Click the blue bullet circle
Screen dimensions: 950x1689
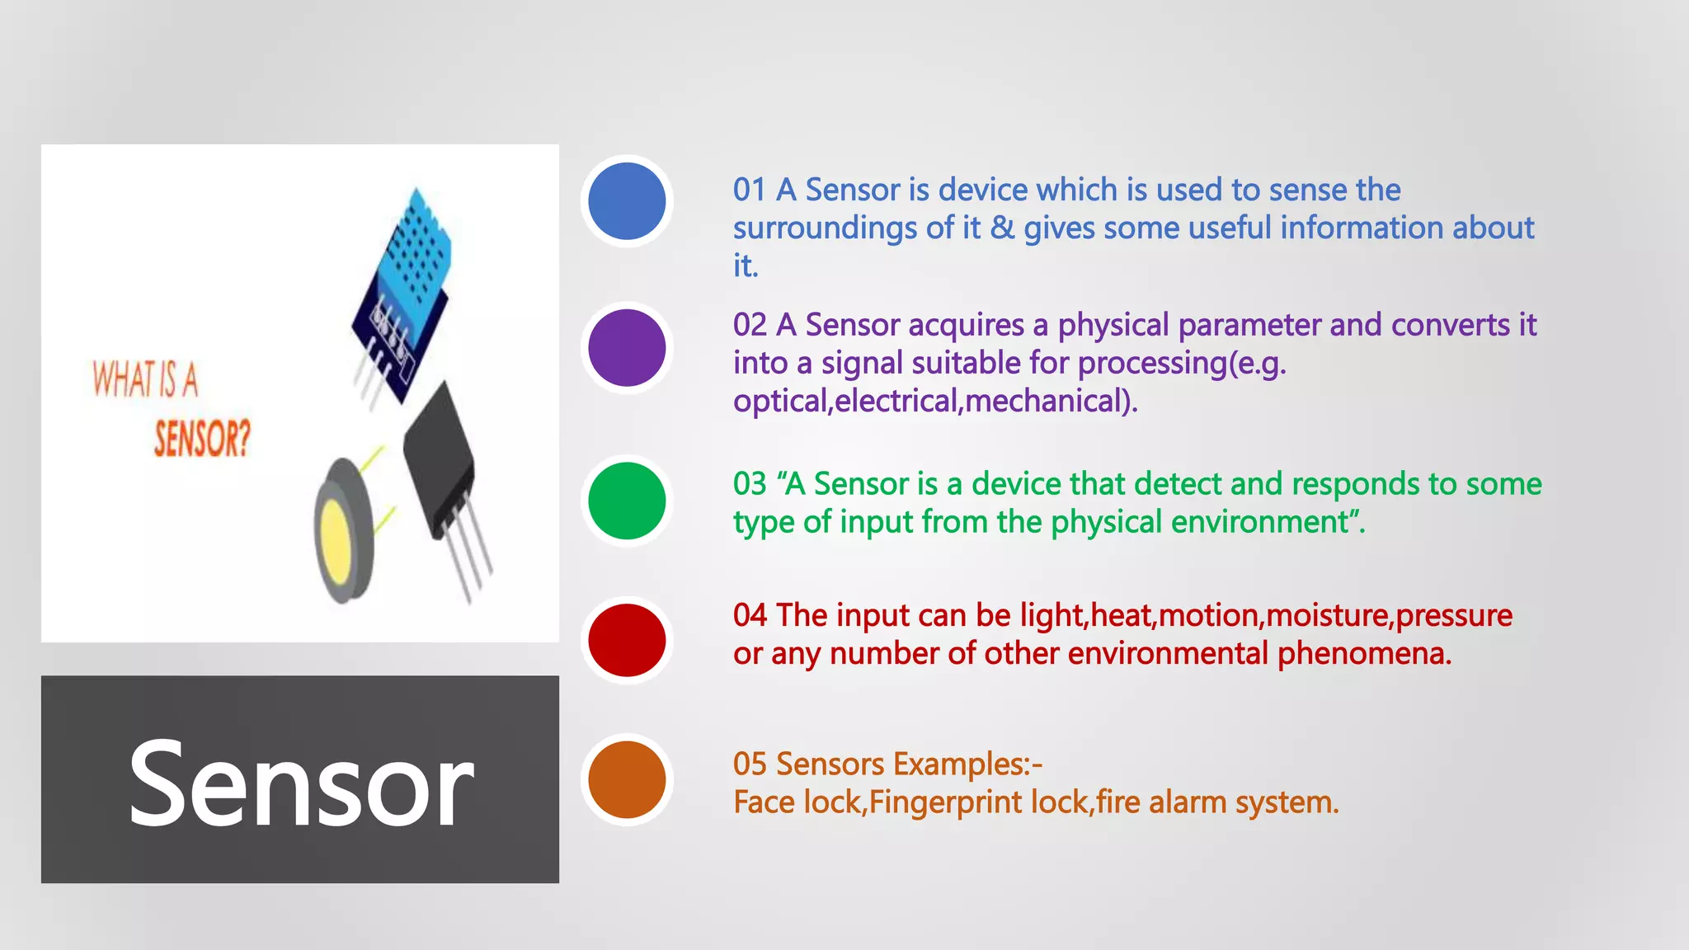tap(627, 201)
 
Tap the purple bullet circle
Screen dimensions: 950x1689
tap(627, 348)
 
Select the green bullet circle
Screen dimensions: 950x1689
tap(627, 501)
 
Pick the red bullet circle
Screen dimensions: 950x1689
tap(627, 640)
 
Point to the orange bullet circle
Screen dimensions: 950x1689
tap(627, 779)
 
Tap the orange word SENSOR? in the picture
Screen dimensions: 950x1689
tap(202, 438)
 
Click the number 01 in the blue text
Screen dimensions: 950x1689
tap(749, 190)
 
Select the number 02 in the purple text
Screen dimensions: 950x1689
tap(749, 325)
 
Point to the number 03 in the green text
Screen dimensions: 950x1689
tap(749, 484)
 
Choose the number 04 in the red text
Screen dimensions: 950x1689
tap(749, 615)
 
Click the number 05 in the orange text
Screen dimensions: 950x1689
tap(749, 764)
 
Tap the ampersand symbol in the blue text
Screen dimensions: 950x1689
tap(1002, 228)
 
